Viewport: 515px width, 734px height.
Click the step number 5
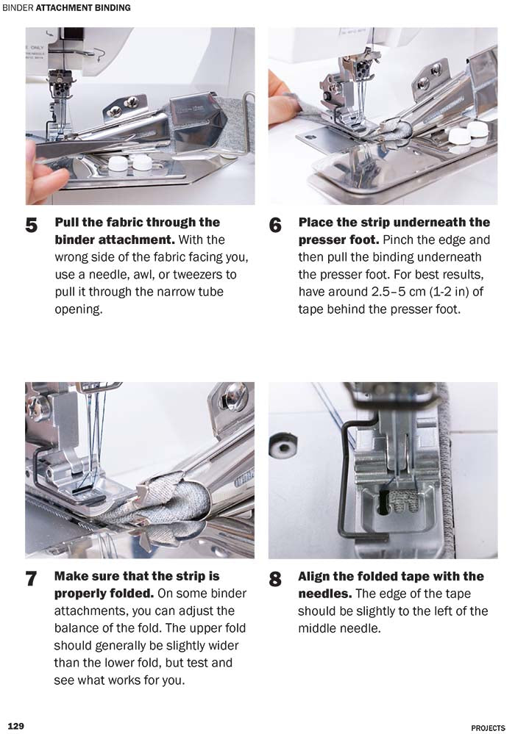tap(32, 226)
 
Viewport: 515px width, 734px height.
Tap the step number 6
tap(275, 226)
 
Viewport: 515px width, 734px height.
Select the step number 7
tap(32, 579)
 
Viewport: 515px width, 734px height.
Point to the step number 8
tap(275, 579)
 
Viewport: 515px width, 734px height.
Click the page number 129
tap(15, 726)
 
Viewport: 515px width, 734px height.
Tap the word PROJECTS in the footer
tap(488, 727)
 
